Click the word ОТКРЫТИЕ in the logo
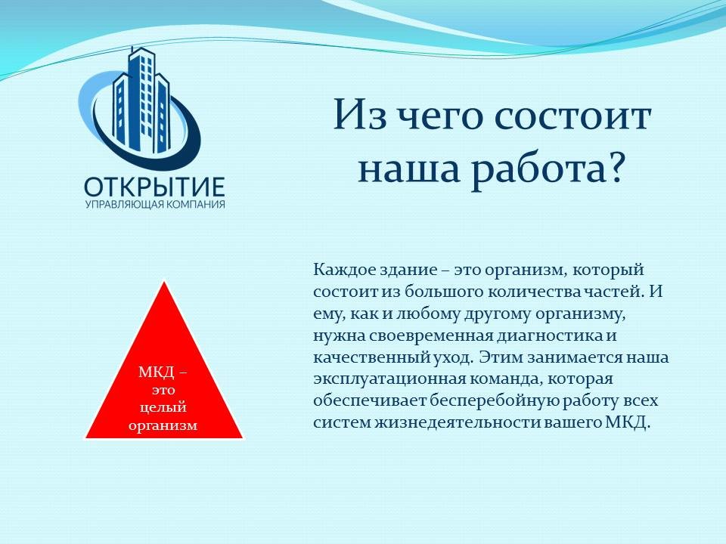[154, 187]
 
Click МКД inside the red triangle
[156, 372]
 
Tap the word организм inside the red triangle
[163, 425]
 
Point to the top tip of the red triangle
[164, 281]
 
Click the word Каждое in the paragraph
[343, 270]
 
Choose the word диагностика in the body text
[550, 335]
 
